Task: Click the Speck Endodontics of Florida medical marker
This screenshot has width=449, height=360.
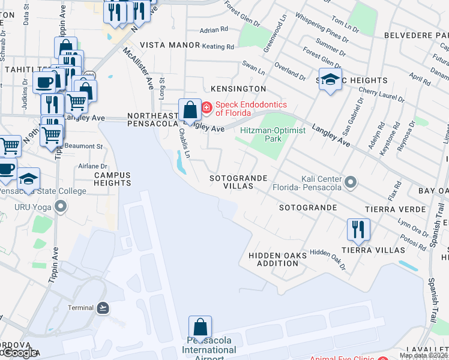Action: coord(206,108)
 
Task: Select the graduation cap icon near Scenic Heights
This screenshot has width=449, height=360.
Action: coord(330,80)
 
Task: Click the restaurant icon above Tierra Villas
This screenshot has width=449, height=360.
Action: coord(358,229)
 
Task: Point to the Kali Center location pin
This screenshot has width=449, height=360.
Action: coord(351,180)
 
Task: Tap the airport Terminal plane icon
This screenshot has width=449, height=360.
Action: coord(103,308)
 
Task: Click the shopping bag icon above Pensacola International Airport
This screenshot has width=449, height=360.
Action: coord(200,328)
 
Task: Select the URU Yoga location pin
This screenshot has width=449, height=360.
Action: coord(60,207)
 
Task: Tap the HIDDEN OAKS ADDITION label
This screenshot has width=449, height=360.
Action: coord(277,259)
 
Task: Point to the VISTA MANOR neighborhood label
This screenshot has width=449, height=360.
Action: coord(161,45)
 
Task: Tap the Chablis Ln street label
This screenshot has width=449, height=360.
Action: coord(184,143)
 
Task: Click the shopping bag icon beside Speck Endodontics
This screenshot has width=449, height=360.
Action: coord(190,110)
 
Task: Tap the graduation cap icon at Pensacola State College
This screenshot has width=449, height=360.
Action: coord(28,179)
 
